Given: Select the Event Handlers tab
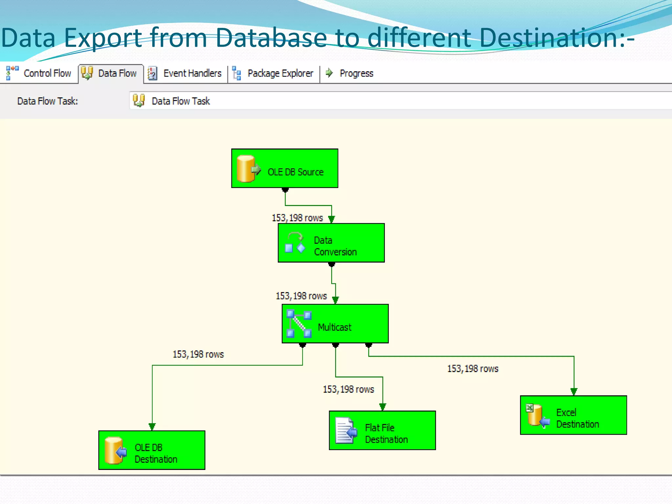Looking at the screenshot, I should [x=185, y=73].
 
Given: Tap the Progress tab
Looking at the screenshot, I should [x=350, y=73].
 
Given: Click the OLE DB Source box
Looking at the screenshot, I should [x=284, y=168].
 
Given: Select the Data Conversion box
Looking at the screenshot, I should [x=331, y=243].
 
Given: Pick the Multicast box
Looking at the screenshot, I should [x=335, y=324].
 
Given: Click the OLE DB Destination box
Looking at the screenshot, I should [x=152, y=450].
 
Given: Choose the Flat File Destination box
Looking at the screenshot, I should [x=382, y=430].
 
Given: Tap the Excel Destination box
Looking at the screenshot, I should [x=573, y=415].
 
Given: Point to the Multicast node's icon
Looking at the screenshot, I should [x=299, y=324].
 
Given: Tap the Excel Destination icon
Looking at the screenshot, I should [x=537, y=415].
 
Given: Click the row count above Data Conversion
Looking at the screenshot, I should [x=297, y=218].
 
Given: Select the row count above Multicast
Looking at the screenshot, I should [x=301, y=296].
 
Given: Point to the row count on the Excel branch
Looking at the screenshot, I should [x=472, y=369].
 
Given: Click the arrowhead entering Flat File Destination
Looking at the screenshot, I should [x=383, y=407].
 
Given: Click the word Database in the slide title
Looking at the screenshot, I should [x=271, y=38].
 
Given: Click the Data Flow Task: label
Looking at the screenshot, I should [x=48, y=101].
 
